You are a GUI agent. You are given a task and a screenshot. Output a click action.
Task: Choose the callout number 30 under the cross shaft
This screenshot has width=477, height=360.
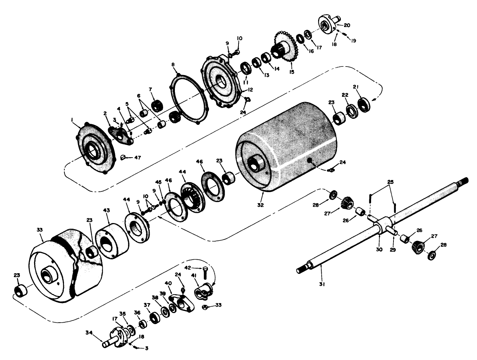[x=379, y=249]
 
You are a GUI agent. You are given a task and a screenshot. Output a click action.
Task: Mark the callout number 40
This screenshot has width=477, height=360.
[x=168, y=283]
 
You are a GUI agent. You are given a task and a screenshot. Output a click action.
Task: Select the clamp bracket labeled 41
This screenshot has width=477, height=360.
[x=201, y=292]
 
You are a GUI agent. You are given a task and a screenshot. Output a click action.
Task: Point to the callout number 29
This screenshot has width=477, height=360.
[x=392, y=250]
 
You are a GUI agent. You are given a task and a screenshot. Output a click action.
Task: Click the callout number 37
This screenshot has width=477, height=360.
[x=147, y=305]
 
